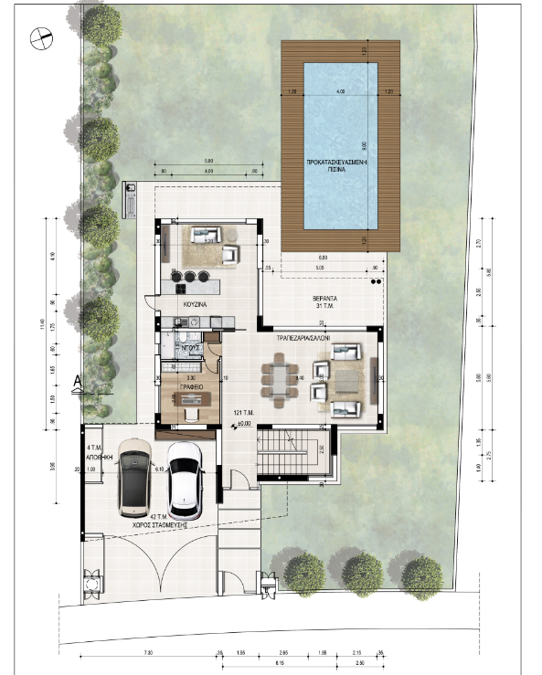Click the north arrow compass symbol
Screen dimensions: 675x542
[38, 38]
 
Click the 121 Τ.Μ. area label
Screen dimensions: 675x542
[241, 412]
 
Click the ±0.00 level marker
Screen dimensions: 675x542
[244, 421]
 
